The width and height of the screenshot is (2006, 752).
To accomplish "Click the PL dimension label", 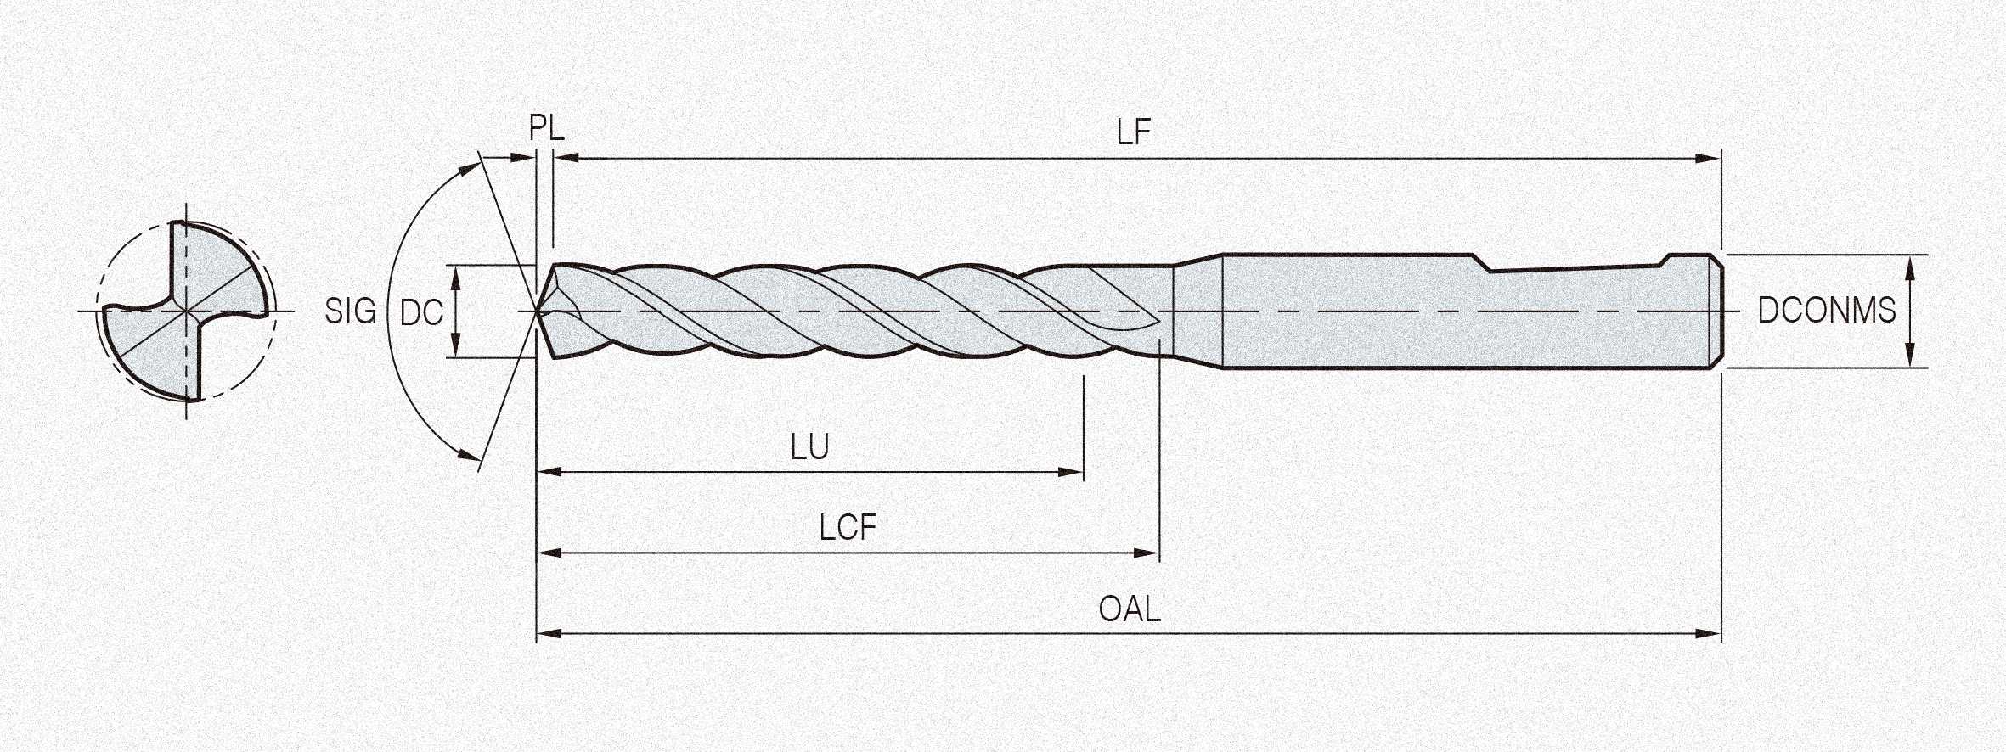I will [x=546, y=129].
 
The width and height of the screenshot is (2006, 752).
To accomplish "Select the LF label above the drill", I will [x=1133, y=132].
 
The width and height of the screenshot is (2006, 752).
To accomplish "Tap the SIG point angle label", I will [x=350, y=311].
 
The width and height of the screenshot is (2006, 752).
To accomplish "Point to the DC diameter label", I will [x=421, y=313].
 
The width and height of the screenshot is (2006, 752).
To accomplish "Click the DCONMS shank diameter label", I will [x=1826, y=311].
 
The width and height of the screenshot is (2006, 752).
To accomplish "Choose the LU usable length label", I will [x=809, y=447].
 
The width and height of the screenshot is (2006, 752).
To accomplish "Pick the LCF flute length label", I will [x=848, y=528].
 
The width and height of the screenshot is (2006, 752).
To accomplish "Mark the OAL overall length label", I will [x=1129, y=609].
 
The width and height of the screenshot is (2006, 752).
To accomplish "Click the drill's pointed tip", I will [x=538, y=311].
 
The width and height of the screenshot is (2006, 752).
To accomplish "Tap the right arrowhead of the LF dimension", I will [x=1710, y=158].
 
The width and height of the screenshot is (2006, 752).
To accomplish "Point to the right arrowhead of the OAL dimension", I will [x=1710, y=634].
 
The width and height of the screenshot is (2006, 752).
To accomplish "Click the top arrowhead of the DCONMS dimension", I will [x=1910, y=264].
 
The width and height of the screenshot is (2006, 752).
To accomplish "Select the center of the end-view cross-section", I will [x=187, y=311].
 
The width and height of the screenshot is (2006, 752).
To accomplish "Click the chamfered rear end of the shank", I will [x=1716, y=311].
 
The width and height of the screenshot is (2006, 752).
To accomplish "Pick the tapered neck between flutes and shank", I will [x=1197, y=311].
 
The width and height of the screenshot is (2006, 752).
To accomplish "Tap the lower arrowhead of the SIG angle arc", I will [x=470, y=455].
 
